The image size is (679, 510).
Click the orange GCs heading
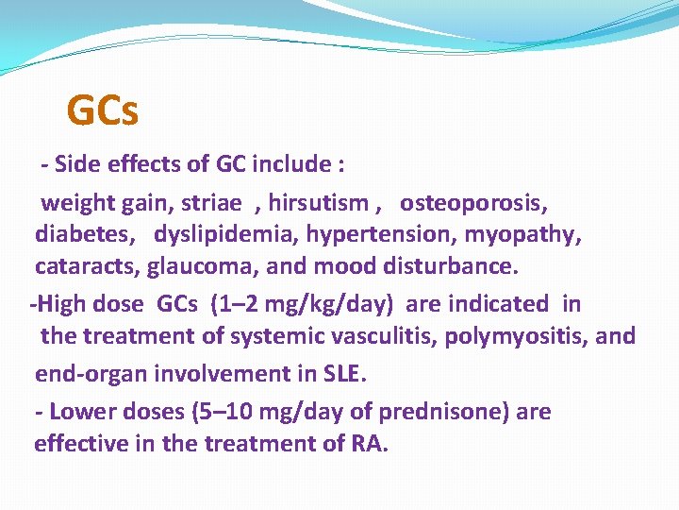(x=103, y=111)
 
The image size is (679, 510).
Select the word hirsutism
(x=319, y=202)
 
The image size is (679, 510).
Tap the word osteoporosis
(x=474, y=202)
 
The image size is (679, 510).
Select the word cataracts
(x=87, y=267)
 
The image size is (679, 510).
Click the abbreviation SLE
(x=343, y=373)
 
